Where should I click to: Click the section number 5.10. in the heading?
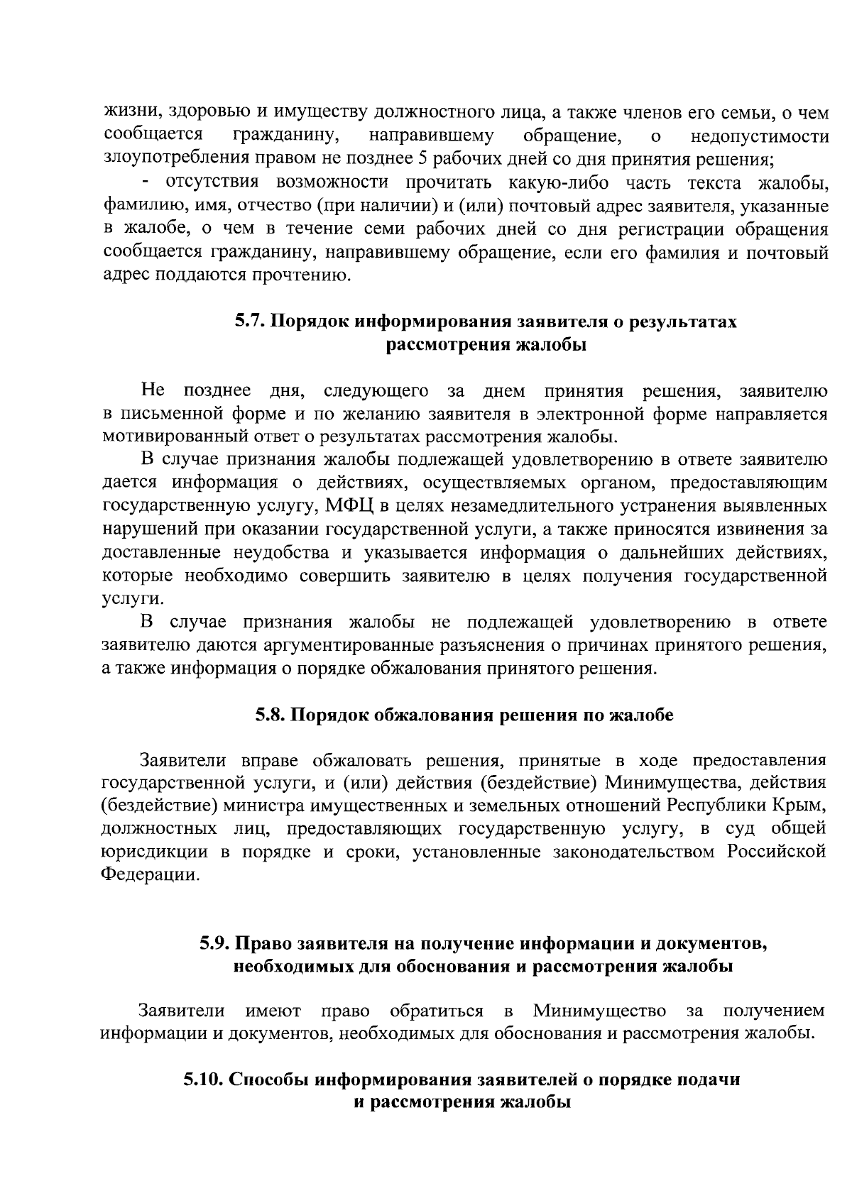204,1080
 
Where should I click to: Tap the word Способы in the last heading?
269,1080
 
